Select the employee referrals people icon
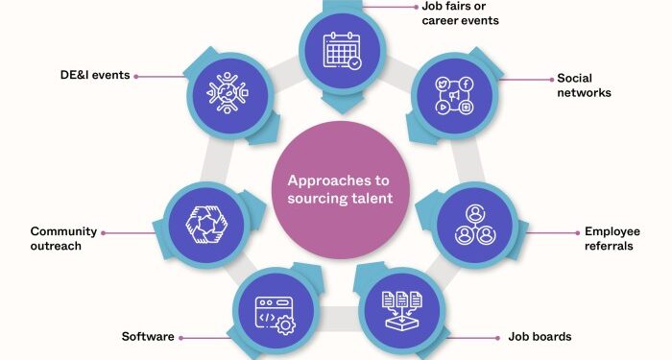pos(471,225)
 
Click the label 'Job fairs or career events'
pos(460,13)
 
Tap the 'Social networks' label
pos(584,85)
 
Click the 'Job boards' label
pos(540,337)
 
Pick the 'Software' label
pos(147,337)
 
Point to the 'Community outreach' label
pos(63,239)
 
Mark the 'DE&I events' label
pos(94,75)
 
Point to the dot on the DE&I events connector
pos(137,75)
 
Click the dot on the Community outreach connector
pos(103,231)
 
